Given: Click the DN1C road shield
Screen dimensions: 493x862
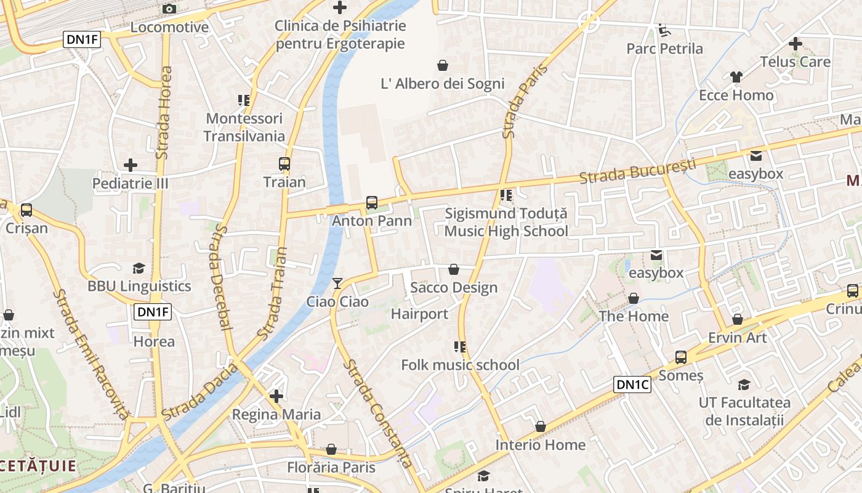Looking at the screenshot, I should click(x=632, y=385).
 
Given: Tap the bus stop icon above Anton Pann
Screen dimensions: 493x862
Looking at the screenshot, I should click(x=371, y=202).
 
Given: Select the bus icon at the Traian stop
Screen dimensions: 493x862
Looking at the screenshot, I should click(x=284, y=164).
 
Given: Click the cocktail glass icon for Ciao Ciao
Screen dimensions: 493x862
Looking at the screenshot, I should click(x=337, y=283).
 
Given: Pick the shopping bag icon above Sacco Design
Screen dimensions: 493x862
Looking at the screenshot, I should click(x=454, y=269).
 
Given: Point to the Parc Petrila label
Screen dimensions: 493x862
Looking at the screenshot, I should click(x=664, y=49).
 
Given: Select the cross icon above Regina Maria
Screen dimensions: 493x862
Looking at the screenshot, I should click(x=276, y=396).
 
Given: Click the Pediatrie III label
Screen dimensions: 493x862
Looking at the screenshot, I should click(x=130, y=184).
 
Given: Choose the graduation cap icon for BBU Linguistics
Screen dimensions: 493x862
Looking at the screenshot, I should click(x=139, y=268).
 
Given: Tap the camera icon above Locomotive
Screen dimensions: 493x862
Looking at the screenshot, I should click(x=169, y=9).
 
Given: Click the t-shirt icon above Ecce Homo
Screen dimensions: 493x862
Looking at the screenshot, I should click(x=736, y=77).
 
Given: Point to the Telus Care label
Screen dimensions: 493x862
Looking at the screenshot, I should click(x=795, y=62).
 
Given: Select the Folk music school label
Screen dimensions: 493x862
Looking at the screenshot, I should click(x=460, y=365).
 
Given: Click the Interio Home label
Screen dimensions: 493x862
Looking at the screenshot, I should click(x=540, y=445).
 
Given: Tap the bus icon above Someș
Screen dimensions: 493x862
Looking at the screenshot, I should click(x=680, y=357).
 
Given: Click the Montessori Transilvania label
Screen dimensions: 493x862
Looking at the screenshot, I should click(x=244, y=127).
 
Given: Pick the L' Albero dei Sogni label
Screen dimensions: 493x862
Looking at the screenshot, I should click(x=442, y=84).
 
